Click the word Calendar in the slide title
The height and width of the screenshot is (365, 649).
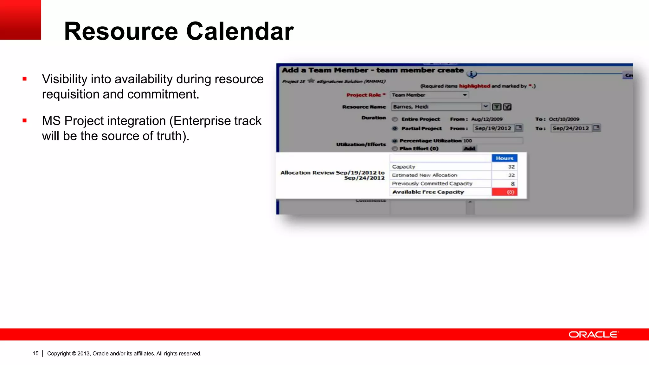[x=240, y=31]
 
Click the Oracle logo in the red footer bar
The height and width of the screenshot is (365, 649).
[x=593, y=335]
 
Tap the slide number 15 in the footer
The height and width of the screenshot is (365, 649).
[x=35, y=353]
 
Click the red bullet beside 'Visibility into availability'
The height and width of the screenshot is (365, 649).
[x=25, y=79]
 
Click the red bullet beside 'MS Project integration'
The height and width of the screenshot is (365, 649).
[x=25, y=121]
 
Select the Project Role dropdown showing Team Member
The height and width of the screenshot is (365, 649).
[x=429, y=95]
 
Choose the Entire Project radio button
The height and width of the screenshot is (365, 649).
[x=395, y=119]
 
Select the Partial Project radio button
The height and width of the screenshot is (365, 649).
[x=395, y=129]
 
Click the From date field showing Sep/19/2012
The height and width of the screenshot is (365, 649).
[x=493, y=128]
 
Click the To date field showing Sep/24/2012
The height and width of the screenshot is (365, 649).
[x=570, y=128]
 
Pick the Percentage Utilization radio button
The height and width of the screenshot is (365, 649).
[x=395, y=141]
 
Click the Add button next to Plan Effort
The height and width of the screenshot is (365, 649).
[x=469, y=149]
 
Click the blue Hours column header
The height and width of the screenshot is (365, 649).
[x=504, y=158]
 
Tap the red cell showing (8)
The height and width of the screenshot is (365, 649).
[x=504, y=192]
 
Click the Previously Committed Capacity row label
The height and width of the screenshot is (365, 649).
[x=432, y=183]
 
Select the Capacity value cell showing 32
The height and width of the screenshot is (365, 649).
[x=504, y=167]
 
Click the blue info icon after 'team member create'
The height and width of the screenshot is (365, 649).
[x=472, y=74]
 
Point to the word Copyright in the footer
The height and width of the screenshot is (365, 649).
[x=59, y=353]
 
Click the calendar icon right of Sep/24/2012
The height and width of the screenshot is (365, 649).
[x=596, y=128]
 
